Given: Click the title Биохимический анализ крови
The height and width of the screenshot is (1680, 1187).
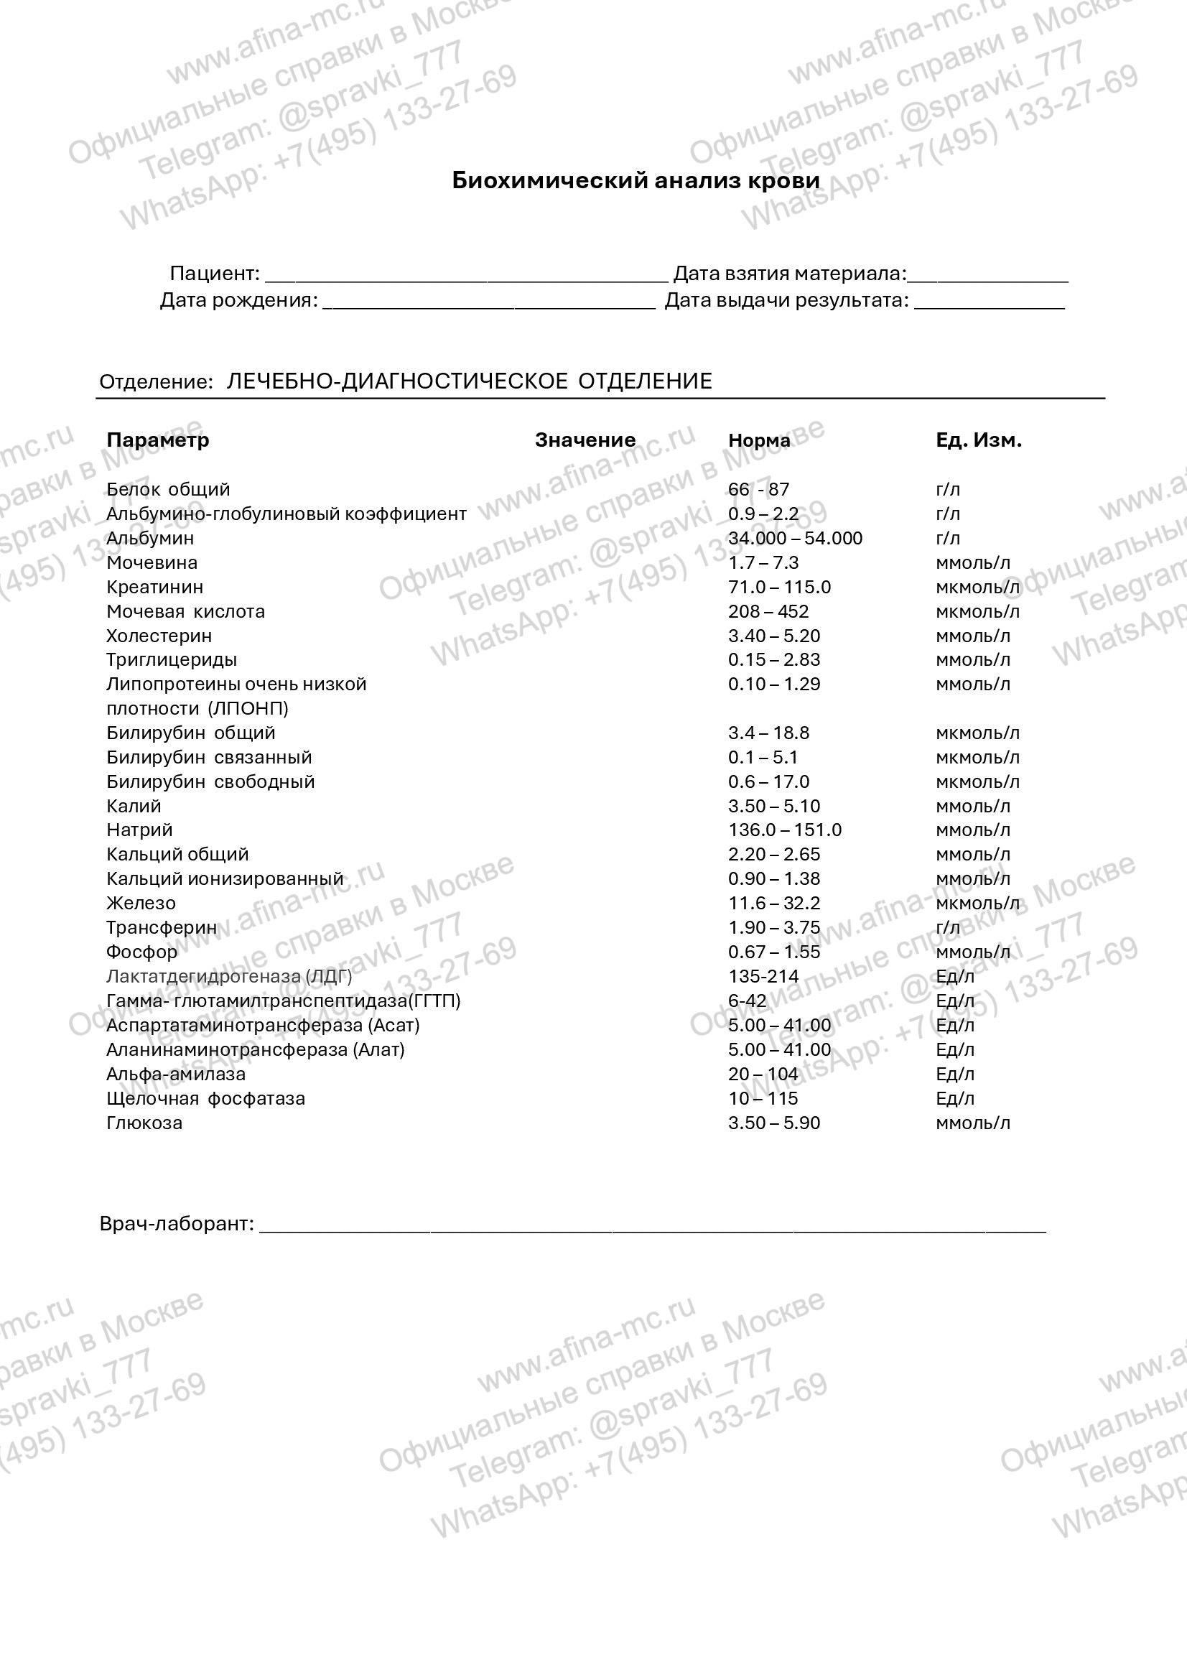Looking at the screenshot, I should [x=636, y=181].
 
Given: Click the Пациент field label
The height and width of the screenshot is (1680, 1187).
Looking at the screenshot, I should [x=214, y=274].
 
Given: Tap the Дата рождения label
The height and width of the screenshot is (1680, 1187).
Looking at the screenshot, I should [x=239, y=301].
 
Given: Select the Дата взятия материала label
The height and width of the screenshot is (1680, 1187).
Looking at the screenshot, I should [x=789, y=274].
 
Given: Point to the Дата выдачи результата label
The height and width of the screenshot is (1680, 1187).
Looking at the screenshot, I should [x=786, y=301].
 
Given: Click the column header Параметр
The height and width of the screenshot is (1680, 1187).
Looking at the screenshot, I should [x=158, y=440].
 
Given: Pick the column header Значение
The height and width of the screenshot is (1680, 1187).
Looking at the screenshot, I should [x=585, y=440].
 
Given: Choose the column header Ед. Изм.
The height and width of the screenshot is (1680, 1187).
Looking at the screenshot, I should [x=978, y=440].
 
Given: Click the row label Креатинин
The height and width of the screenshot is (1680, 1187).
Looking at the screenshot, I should [x=155, y=588].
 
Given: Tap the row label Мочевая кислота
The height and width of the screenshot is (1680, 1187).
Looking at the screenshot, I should [x=186, y=612].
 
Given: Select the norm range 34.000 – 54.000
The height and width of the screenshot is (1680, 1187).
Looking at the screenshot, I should [x=795, y=539].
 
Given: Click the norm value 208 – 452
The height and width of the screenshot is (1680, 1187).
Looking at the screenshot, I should [x=768, y=612].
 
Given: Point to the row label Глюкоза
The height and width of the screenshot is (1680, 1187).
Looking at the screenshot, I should [x=144, y=1123].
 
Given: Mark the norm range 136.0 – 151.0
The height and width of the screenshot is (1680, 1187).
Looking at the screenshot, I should [x=785, y=830].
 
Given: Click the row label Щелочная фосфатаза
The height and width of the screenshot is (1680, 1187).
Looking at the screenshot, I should [x=205, y=1099].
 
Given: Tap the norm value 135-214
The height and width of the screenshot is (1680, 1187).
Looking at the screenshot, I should [x=763, y=977].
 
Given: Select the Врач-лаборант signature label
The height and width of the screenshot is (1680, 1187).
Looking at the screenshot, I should [x=176, y=1224].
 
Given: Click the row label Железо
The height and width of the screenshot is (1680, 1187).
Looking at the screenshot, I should [x=141, y=904].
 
